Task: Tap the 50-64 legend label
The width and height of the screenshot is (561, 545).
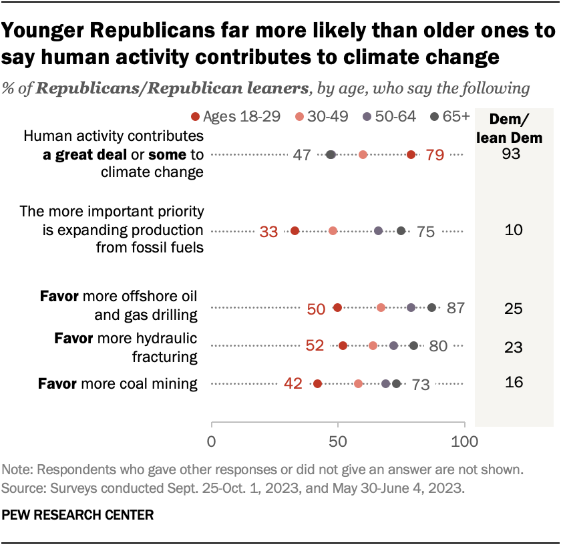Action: (x=395, y=117)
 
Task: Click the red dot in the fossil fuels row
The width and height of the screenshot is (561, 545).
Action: (x=295, y=231)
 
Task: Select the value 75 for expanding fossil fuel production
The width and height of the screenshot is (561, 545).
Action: (x=425, y=232)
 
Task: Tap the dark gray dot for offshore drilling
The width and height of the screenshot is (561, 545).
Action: (x=431, y=308)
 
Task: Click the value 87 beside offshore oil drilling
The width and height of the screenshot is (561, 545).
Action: (x=455, y=308)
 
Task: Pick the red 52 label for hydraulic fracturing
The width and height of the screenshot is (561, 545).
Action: (x=314, y=345)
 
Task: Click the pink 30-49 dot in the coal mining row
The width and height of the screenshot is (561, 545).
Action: (x=359, y=384)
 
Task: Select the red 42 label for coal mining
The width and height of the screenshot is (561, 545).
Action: (x=293, y=384)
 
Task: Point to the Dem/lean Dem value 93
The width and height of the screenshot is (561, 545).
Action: (x=513, y=155)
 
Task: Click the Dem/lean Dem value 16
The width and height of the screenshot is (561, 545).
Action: (x=513, y=383)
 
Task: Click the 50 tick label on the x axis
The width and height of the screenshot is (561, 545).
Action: (x=338, y=441)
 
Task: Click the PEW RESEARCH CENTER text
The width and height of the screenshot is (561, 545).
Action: (x=78, y=515)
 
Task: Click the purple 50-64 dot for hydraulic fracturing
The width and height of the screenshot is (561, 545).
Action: (x=393, y=346)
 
